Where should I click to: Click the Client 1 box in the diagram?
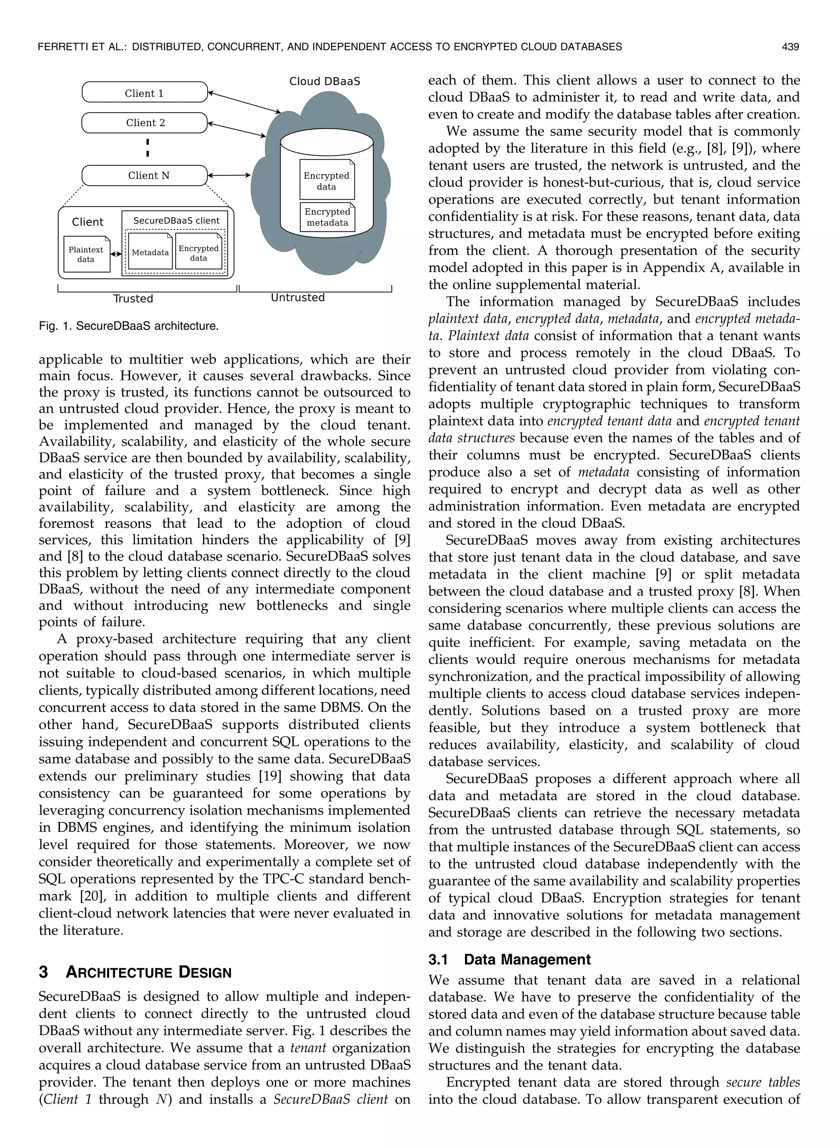coord(144,93)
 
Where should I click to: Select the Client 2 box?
coord(144,123)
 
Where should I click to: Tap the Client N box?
coord(144,176)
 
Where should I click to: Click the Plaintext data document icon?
coord(87,254)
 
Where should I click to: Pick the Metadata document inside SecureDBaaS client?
coord(150,252)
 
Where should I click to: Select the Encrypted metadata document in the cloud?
coord(327,217)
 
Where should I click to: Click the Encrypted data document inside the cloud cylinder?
coord(326,181)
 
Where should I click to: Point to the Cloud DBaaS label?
coord(324,81)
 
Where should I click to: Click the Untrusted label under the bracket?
coord(297,298)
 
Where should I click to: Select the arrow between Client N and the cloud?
coord(229,176)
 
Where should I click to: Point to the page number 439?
coord(791,47)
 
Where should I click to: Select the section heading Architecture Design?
coord(148,972)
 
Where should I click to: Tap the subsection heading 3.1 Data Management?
coord(509,960)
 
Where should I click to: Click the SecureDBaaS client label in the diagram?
coord(176,221)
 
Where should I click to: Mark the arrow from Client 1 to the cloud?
coord(244,102)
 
